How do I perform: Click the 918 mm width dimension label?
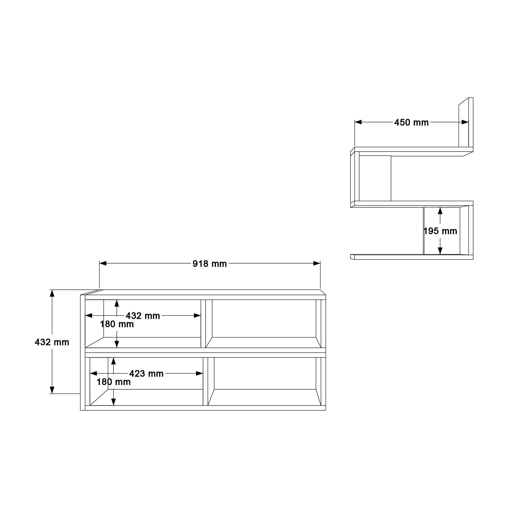[x=210, y=264]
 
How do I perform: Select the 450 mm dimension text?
[x=411, y=123]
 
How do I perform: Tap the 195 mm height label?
[x=440, y=231]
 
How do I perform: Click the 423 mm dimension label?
[x=146, y=374]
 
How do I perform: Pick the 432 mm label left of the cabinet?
[x=52, y=342]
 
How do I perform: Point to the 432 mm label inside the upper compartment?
[x=143, y=316]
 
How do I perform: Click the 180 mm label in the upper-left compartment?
[x=117, y=324]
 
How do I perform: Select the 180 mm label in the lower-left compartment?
[x=114, y=382]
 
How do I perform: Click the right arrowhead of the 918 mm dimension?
[x=317, y=263]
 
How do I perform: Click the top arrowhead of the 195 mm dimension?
[x=440, y=211]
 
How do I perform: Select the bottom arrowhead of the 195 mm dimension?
[x=440, y=251]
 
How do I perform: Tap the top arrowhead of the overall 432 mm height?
[x=52, y=293]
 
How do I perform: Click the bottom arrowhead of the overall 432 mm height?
[x=52, y=390]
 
